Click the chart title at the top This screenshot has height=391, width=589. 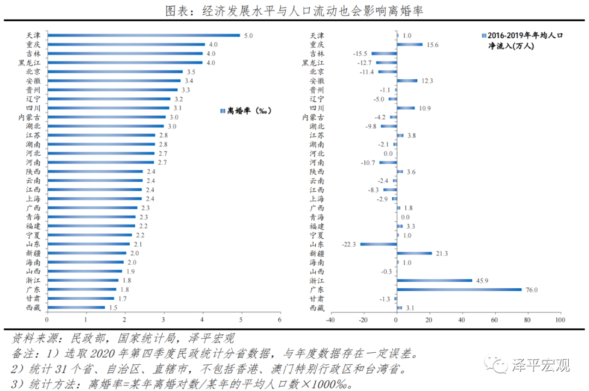click(x=294, y=10)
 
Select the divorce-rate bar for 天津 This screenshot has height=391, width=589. click(x=143, y=35)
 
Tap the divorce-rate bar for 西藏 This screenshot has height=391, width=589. click(x=76, y=307)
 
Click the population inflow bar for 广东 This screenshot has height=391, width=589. click(x=459, y=289)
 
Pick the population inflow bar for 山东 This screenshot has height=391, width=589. click(x=378, y=244)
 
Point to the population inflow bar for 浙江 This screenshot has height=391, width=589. click(x=434, y=280)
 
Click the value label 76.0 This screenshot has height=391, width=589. click(x=532, y=289)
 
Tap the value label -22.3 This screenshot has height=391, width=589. click(x=349, y=244)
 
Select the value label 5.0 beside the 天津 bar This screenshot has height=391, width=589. click(x=248, y=35)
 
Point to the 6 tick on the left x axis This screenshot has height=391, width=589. click(x=280, y=320)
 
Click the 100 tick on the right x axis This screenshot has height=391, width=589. click(x=559, y=320)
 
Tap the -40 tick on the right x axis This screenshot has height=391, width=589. click(x=330, y=320)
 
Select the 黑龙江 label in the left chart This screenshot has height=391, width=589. click(x=28, y=63)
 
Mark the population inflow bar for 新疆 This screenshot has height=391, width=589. click(x=414, y=253)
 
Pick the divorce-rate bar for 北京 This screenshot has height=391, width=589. click(x=115, y=72)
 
